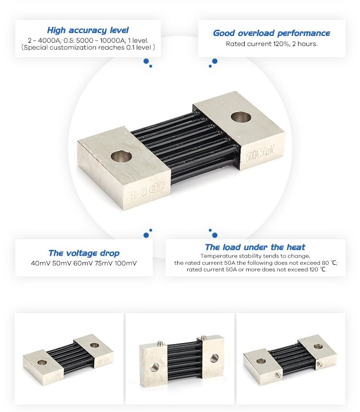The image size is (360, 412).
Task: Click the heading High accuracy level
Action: point(88,30)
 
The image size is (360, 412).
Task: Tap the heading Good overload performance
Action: point(271,33)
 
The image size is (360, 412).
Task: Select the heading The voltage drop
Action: point(84,253)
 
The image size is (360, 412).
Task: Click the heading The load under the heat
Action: point(255,247)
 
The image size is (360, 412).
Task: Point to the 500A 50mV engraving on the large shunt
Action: point(260,153)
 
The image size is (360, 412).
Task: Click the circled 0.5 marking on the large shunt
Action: point(156,187)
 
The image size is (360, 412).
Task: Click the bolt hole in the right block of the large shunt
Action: point(241,117)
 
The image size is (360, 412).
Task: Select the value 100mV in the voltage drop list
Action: point(125,263)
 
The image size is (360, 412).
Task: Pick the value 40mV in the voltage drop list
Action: point(40,263)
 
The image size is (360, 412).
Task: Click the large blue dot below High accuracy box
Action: point(146,61)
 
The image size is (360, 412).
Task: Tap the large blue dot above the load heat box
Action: point(215,235)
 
